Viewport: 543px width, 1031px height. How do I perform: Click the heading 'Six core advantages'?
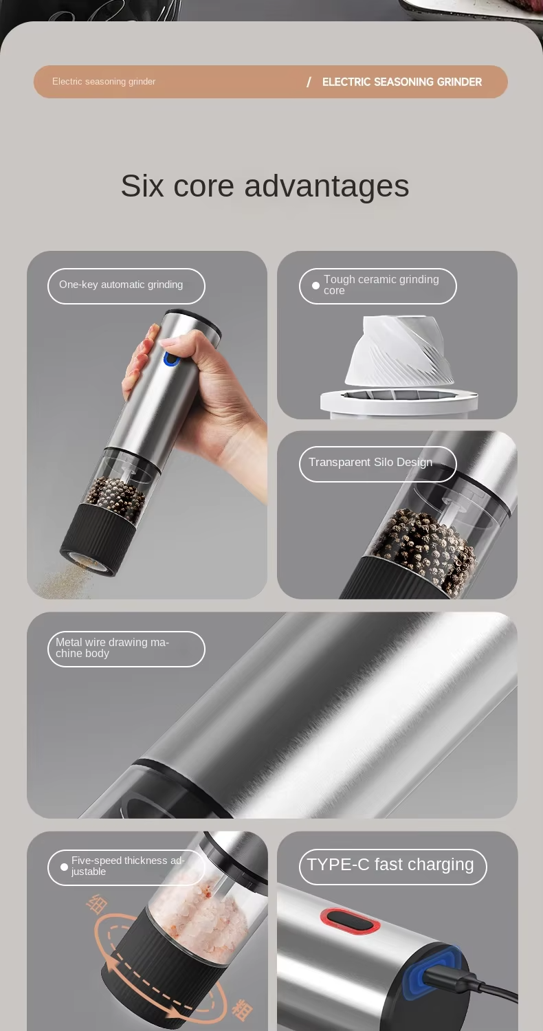point(265,186)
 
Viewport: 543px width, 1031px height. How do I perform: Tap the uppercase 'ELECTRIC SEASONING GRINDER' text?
point(401,82)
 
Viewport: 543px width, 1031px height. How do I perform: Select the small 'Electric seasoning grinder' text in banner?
point(104,82)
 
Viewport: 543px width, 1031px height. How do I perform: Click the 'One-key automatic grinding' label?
point(121,285)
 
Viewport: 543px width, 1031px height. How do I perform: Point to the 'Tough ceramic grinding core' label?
point(381,285)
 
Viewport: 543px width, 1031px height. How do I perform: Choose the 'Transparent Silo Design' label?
point(370,462)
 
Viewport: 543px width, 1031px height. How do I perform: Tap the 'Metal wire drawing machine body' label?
point(112,648)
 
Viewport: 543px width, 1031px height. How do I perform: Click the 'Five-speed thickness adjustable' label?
point(127,866)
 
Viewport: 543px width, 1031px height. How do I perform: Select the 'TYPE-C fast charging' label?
point(390,865)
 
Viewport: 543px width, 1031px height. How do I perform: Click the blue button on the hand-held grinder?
point(170,359)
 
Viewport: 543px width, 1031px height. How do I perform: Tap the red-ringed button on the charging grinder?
point(350,921)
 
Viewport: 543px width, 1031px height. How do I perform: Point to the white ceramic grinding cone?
point(399,350)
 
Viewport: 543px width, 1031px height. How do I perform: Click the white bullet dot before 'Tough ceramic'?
point(315,285)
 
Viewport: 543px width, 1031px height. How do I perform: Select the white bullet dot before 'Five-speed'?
point(64,867)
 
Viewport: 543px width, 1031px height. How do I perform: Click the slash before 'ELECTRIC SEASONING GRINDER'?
point(309,82)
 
